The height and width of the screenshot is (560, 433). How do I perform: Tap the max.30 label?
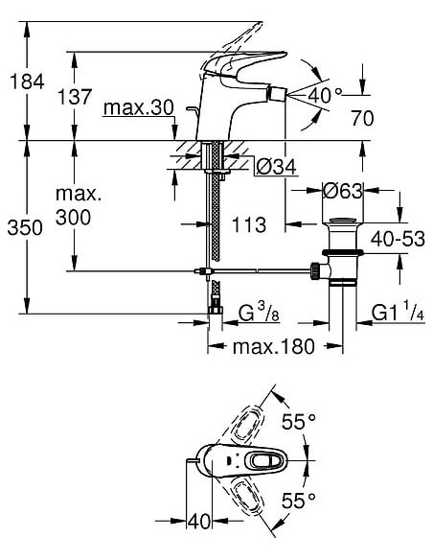[x=140, y=107]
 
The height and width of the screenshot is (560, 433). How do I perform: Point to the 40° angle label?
[x=325, y=95]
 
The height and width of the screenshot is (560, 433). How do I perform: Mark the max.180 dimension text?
[x=273, y=346]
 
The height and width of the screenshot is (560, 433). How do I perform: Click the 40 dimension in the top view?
[x=199, y=522]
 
